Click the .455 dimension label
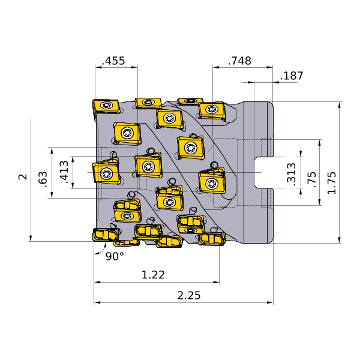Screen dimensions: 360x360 (113, 61)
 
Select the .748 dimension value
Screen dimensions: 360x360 (239, 61)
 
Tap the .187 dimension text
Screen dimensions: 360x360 (292, 76)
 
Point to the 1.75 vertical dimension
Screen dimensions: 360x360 (332, 183)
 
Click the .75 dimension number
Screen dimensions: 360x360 (311, 180)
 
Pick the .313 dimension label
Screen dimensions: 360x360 (292, 173)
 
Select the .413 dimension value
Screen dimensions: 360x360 (64, 172)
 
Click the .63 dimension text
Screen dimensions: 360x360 (43, 179)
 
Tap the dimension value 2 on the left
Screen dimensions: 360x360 (23, 177)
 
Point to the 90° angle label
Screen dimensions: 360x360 (115, 256)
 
